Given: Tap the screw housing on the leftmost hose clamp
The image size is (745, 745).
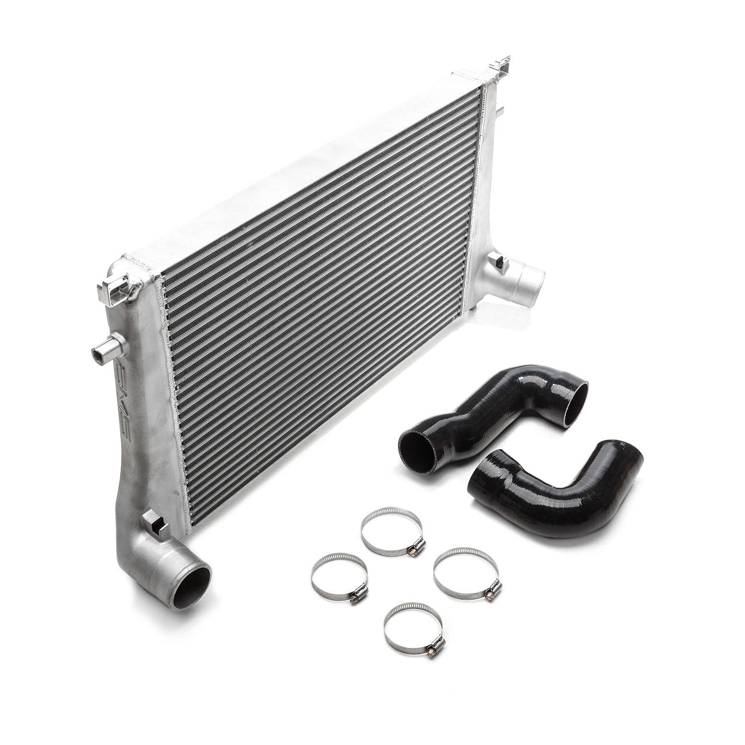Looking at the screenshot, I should pyautogui.click(x=357, y=597).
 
